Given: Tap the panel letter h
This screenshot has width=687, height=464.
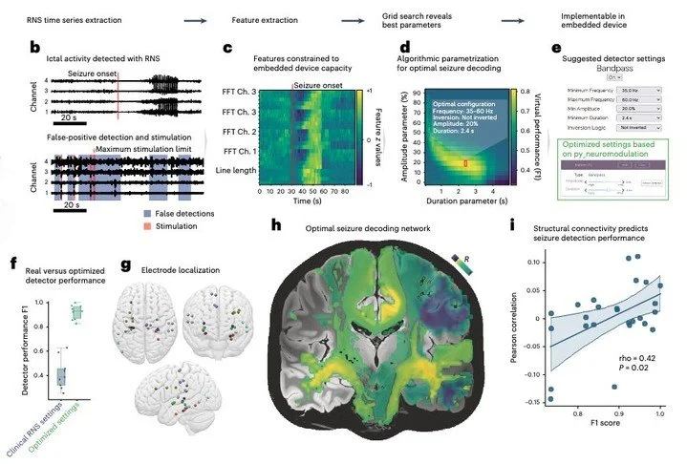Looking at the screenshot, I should (277, 225).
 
